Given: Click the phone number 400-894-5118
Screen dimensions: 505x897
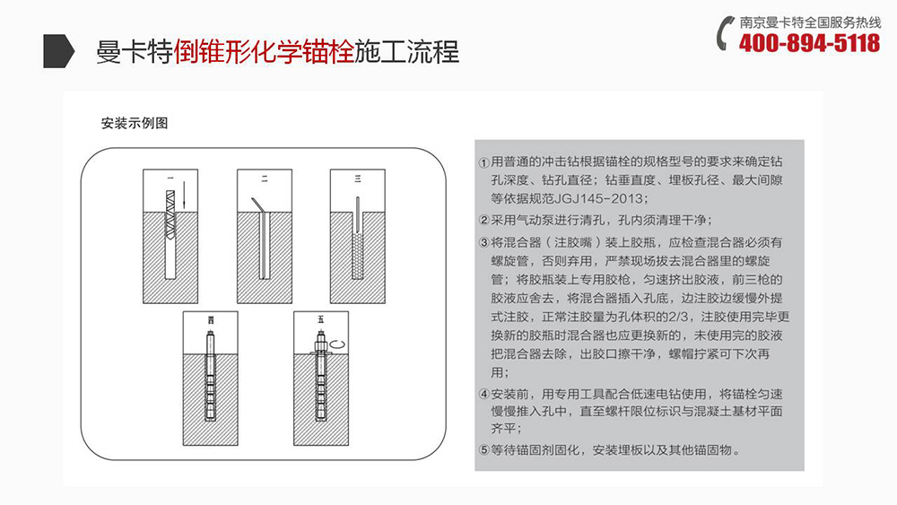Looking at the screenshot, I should (x=809, y=43).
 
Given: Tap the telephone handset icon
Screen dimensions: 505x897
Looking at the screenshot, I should (x=725, y=33).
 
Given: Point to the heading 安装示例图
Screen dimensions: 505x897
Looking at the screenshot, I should (x=135, y=124).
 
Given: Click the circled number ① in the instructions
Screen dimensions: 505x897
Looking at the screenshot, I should (x=484, y=164).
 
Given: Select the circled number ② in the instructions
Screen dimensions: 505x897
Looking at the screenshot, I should (x=484, y=221).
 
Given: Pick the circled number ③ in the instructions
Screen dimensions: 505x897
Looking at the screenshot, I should (x=484, y=243).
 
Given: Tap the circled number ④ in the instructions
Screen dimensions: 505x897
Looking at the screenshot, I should (x=484, y=395).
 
